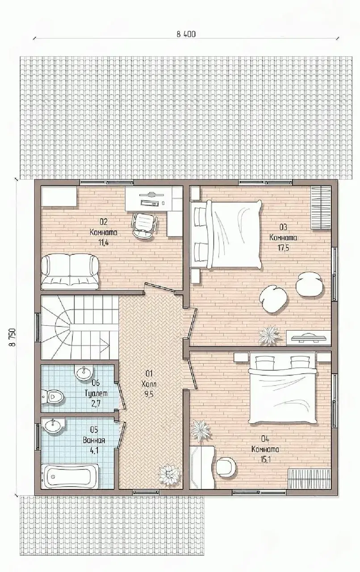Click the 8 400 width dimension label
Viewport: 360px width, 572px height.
(x=186, y=34)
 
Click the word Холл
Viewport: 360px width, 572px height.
(x=149, y=384)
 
